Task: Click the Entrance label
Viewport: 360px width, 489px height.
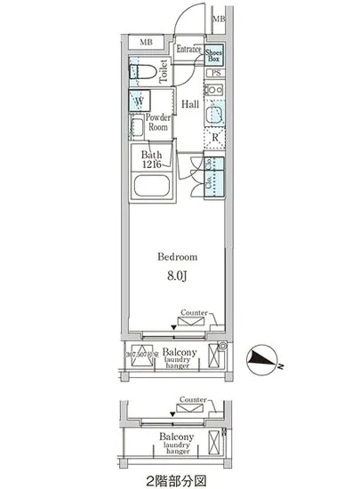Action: (x=188, y=50)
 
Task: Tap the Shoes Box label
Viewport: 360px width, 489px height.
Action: (x=214, y=55)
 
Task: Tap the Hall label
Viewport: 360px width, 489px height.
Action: (x=190, y=105)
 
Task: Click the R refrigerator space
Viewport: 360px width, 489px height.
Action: (x=214, y=137)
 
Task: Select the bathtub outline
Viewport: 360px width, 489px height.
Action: (x=152, y=188)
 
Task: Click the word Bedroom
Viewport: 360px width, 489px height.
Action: (x=178, y=257)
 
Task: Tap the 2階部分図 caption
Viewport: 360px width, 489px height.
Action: (x=178, y=480)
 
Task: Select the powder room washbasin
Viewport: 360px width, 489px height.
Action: (x=137, y=129)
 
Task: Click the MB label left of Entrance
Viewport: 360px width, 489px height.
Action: (x=147, y=41)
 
